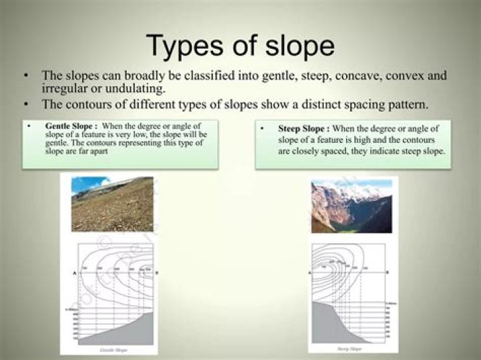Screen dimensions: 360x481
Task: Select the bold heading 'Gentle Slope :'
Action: point(71,126)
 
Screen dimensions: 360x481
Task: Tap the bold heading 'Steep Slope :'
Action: point(303,128)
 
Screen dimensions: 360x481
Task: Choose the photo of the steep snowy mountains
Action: point(351,205)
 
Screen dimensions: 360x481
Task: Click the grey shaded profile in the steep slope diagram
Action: point(331,327)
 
